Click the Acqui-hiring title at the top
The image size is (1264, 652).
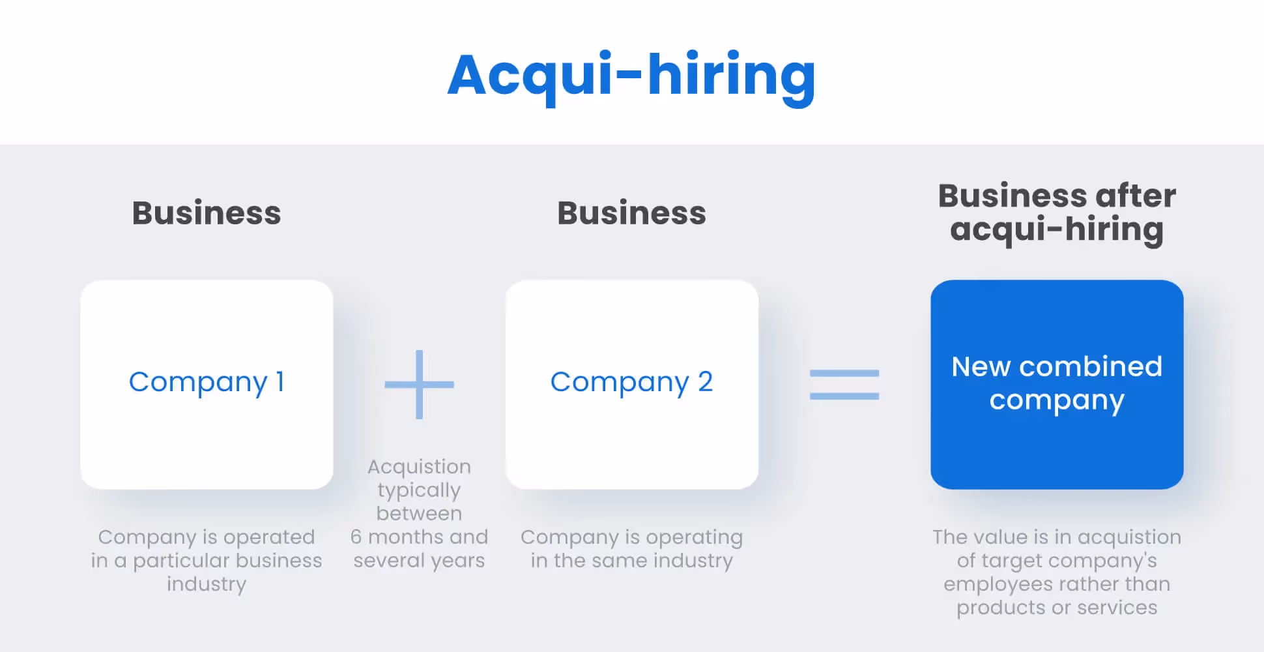pyautogui.click(x=631, y=76)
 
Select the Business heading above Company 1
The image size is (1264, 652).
pyautogui.click(x=207, y=213)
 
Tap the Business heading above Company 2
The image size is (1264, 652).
pyautogui.click(x=631, y=213)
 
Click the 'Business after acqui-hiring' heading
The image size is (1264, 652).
pyautogui.click(x=1057, y=213)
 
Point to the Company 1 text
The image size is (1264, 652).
pyautogui.click(x=207, y=382)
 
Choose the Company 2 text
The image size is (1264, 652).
pyautogui.click(x=631, y=382)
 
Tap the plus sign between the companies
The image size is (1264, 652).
pyautogui.click(x=419, y=385)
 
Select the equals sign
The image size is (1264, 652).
pyautogui.click(x=844, y=385)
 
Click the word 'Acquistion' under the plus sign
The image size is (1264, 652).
pyautogui.click(x=419, y=467)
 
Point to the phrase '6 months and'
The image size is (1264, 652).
pyautogui.click(x=419, y=537)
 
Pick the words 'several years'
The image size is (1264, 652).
pyautogui.click(x=419, y=561)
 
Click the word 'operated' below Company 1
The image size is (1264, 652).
pyautogui.click(x=269, y=537)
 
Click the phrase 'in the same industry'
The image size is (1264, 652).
pyautogui.click(x=631, y=561)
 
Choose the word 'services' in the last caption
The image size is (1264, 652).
pyautogui.click(x=1117, y=608)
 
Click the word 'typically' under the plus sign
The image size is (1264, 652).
pyautogui.click(x=419, y=490)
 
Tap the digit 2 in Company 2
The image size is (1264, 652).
pyautogui.click(x=705, y=382)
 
